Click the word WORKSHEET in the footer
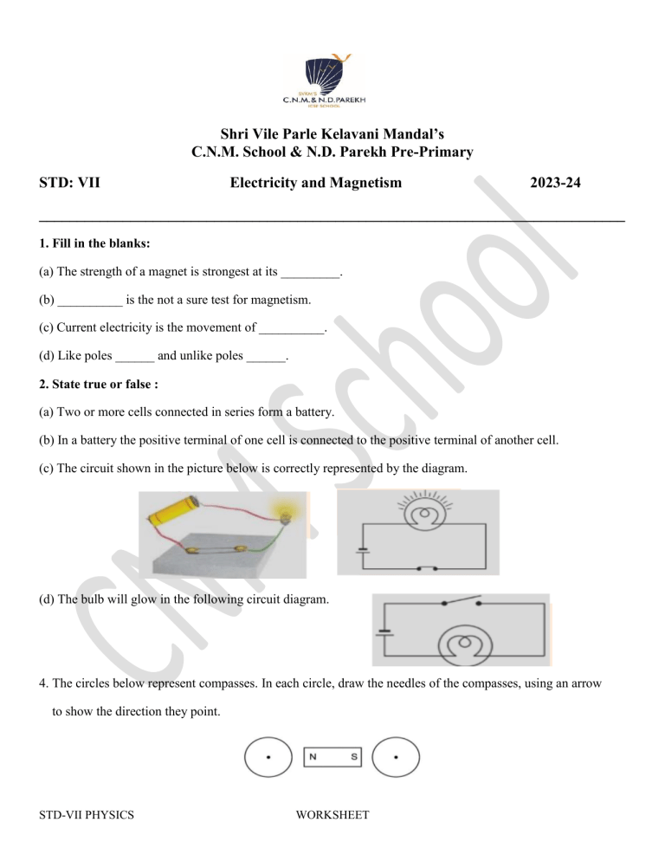click(332, 839)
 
